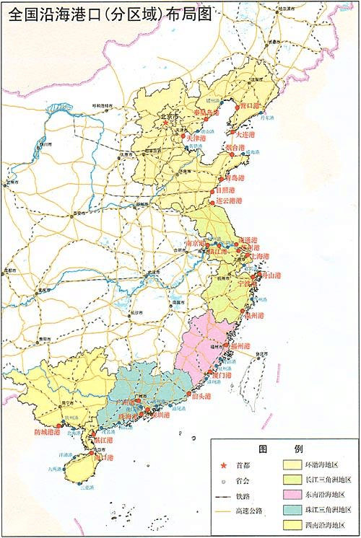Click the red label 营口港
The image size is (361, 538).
(249, 105)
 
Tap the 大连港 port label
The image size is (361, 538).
(245, 134)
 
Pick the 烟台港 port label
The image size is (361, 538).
(235, 149)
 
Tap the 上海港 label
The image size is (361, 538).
(258, 257)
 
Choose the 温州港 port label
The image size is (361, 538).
(253, 316)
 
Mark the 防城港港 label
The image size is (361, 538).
(48, 432)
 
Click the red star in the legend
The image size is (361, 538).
(222, 464)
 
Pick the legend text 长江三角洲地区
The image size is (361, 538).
(329, 480)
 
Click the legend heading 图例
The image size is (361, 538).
(284, 449)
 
